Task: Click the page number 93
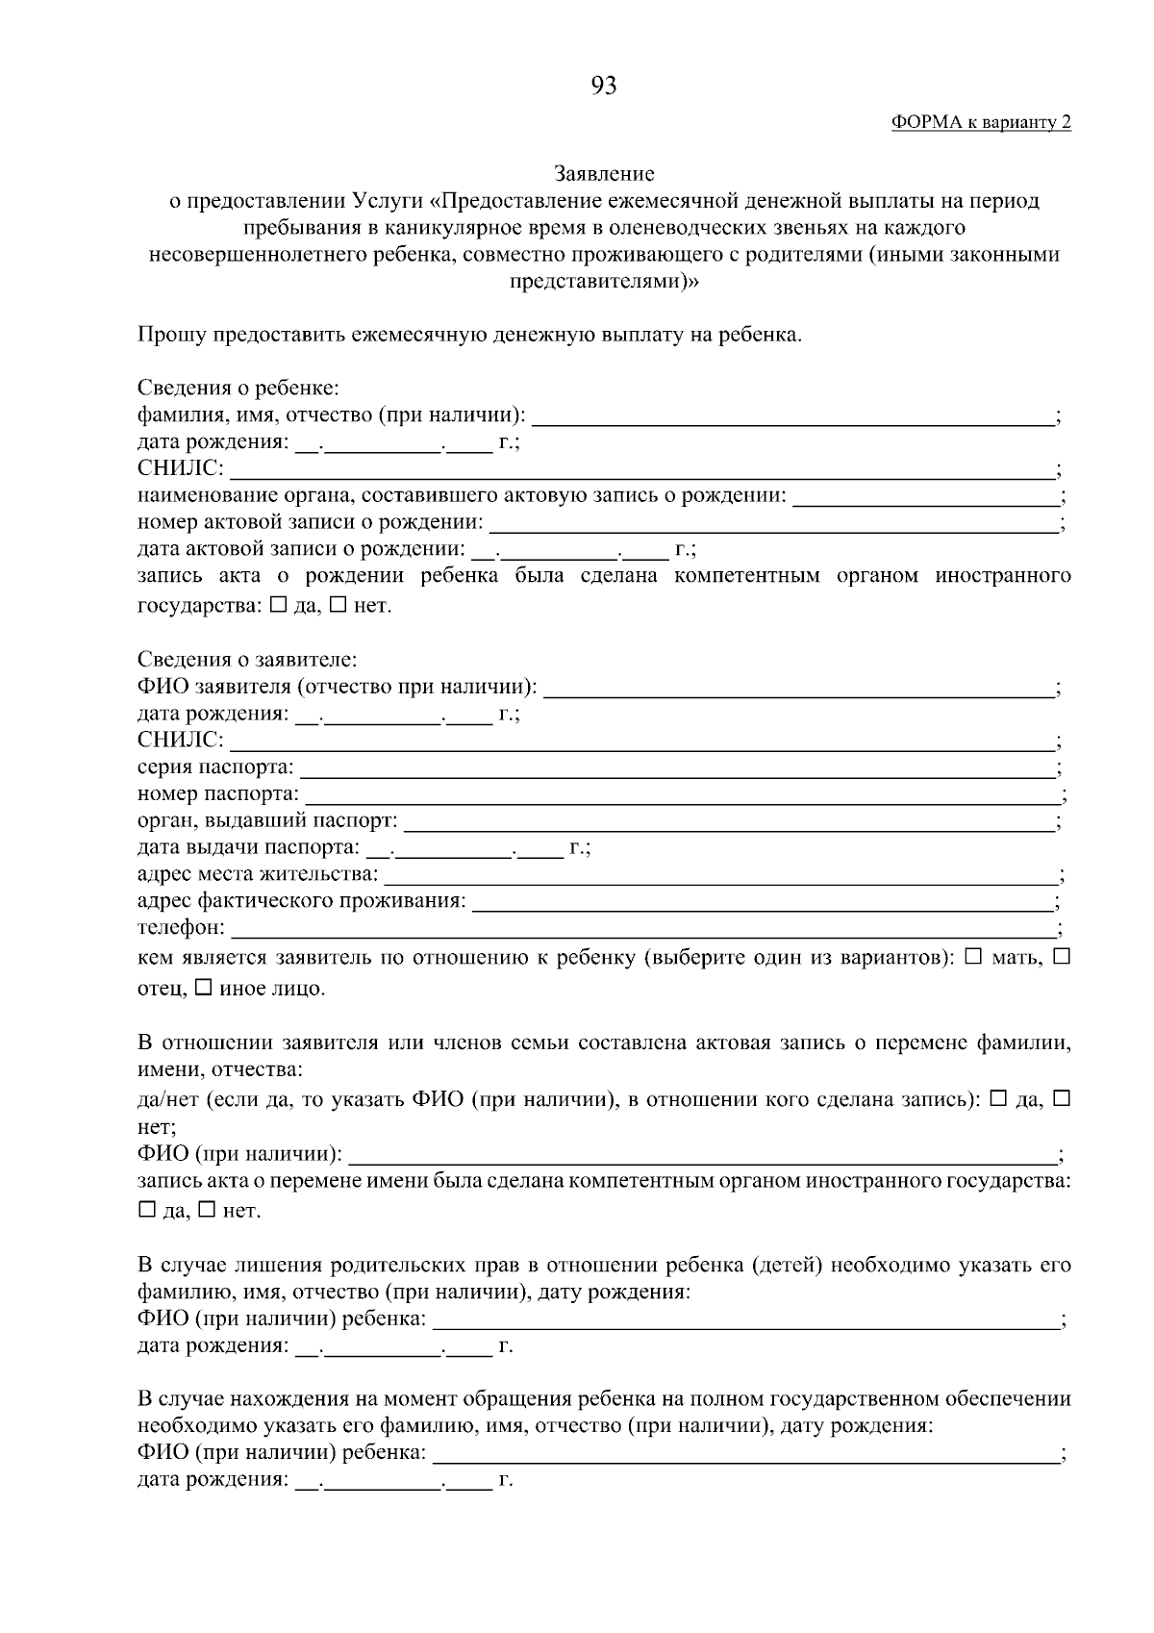point(604,87)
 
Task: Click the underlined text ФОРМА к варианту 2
point(981,122)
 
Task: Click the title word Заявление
point(604,174)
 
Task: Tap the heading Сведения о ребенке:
point(238,389)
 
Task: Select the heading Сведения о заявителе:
point(246,661)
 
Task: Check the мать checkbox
point(972,958)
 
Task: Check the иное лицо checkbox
point(204,988)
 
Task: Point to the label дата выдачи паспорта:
point(249,847)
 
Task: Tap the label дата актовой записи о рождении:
point(301,549)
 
